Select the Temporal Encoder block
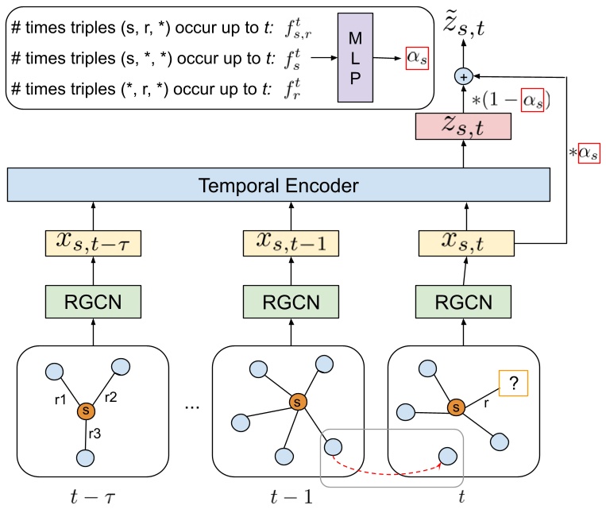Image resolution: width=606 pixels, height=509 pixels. tap(279, 187)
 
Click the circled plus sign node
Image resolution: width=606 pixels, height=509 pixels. tap(463, 77)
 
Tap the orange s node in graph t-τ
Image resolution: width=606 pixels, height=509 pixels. tap(86, 412)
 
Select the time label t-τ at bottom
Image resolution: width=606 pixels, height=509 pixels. tap(94, 498)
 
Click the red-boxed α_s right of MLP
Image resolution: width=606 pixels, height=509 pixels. tap(416, 59)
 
